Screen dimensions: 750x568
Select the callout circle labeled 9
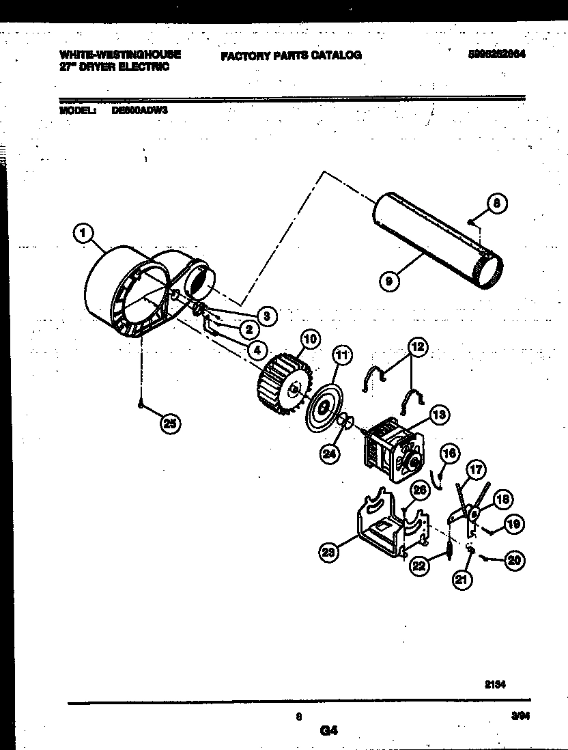tap(388, 280)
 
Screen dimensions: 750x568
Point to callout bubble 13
tap(438, 414)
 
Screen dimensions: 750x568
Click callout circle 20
tap(513, 560)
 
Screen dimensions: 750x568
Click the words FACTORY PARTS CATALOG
tap(291, 55)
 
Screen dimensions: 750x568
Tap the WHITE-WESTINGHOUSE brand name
tap(120, 54)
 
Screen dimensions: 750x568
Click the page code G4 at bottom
tap(328, 730)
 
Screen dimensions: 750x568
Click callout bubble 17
tap(477, 469)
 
